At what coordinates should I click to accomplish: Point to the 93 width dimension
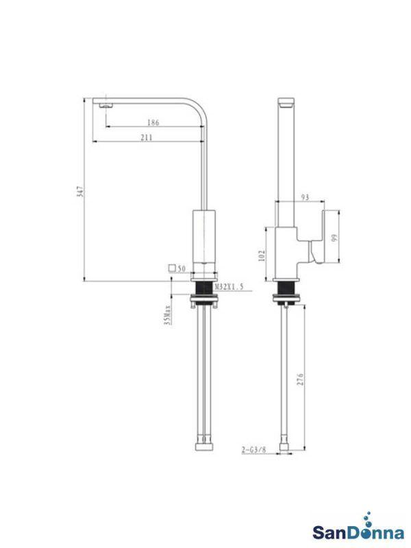pos(305,197)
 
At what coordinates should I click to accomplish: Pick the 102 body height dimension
pos(261,255)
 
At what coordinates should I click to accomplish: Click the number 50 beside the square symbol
pos(182,269)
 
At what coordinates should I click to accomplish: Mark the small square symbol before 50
pos(171,269)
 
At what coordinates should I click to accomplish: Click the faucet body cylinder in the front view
pos(205,236)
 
